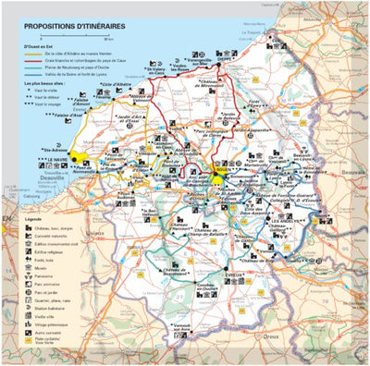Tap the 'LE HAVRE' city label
(60, 158)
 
